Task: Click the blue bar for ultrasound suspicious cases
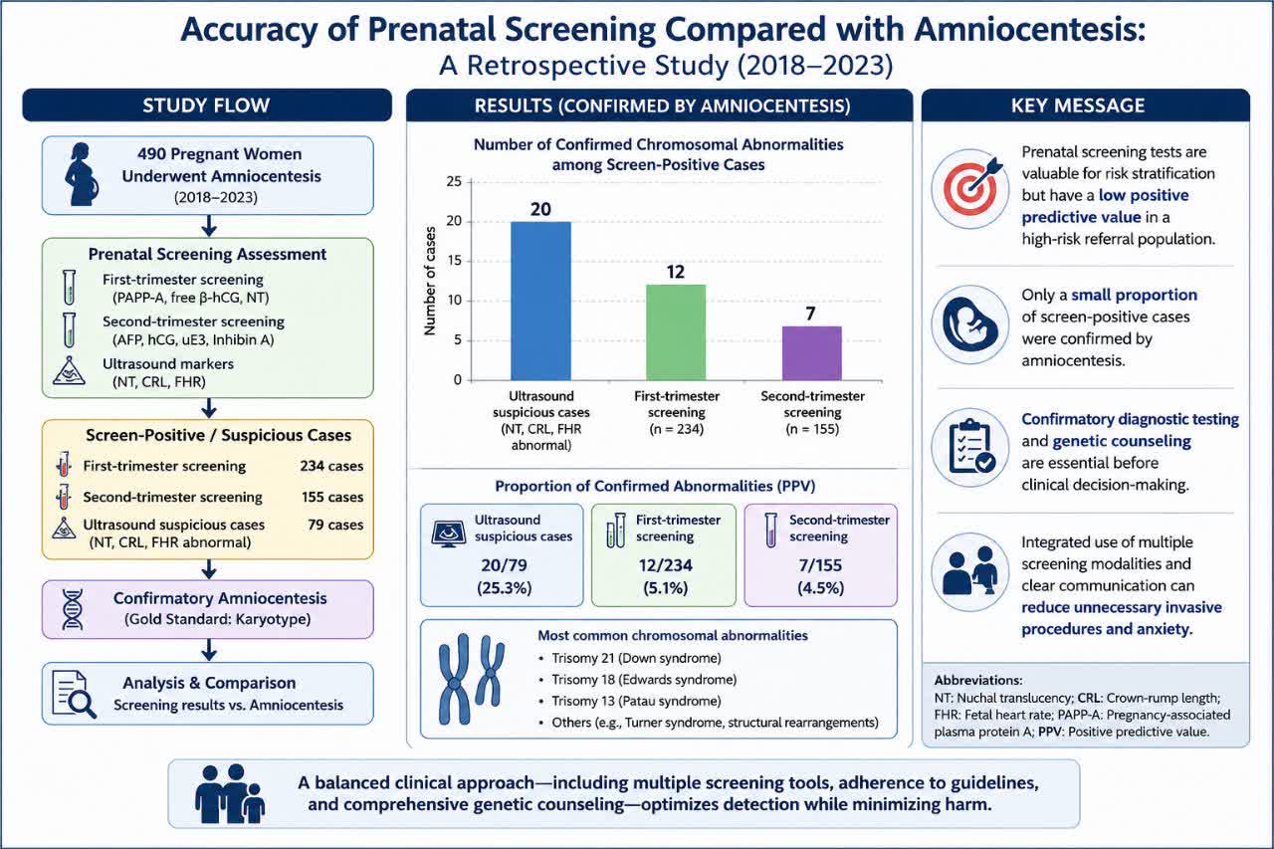coord(540,301)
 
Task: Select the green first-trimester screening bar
coord(676,332)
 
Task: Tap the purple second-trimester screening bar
coord(811,353)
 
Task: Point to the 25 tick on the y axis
coord(455,181)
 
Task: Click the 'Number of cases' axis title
coord(429,281)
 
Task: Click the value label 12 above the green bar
coord(676,272)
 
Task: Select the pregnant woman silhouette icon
coord(82,174)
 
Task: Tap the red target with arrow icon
coord(971,188)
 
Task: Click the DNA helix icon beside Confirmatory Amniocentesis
coord(73,609)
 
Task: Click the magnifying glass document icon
coord(74,694)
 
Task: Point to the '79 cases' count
coord(335,525)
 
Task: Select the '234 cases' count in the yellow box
coord(331,466)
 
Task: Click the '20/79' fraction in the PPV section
coord(504,565)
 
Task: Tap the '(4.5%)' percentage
coord(820,587)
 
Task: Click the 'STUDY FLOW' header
coord(206,106)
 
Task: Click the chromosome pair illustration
coord(471,679)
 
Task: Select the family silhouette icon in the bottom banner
coord(230,794)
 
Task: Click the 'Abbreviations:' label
coord(978,680)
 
